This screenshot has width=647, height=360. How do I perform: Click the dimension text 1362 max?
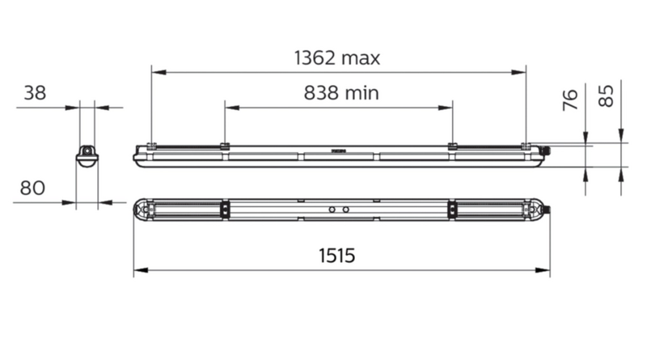tap(336, 58)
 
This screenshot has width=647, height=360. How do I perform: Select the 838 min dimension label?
tap(341, 93)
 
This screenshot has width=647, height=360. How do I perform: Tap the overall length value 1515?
tap(336, 256)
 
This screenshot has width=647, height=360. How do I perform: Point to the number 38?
tap(34, 93)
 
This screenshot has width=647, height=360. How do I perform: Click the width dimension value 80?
tap(32, 188)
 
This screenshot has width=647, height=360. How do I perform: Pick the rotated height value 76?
tap(571, 100)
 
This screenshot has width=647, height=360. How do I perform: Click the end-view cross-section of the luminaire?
tap(87, 155)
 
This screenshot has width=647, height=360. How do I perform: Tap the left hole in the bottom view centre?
tap(331, 210)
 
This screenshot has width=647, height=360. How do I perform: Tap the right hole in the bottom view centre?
tap(345, 210)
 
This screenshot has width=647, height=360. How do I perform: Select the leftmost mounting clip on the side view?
tap(151, 146)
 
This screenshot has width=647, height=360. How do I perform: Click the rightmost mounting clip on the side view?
tap(526, 146)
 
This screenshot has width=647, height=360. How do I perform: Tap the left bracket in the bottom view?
tap(222, 210)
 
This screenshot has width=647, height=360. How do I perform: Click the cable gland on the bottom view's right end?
tap(548, 210)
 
